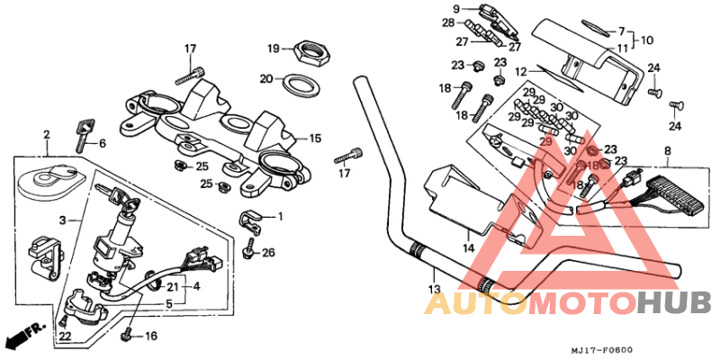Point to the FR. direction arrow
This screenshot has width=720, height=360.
[x=24, y=336]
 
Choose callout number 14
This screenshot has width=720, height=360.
[x=468, y=247]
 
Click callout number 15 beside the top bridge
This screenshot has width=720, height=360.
[x=315, y=139]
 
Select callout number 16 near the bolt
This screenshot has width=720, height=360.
[x=150, y=337]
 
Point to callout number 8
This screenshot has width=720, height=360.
[x=667, y=151]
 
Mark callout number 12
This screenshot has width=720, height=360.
[x=520, y=71]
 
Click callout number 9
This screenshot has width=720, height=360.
[x=456, y=9]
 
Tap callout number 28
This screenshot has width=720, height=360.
[x=448, y=22]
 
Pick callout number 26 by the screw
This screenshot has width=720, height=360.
[x=267, y=253]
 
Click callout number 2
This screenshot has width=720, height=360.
[x=45, y=135]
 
